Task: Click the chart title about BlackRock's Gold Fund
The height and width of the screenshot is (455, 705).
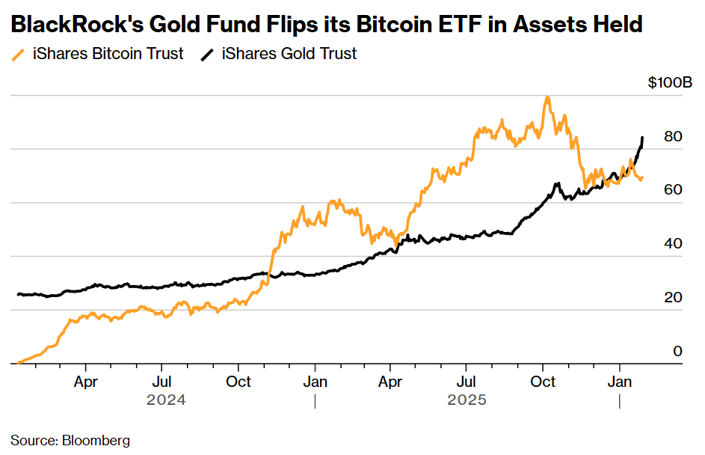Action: click(327, 25)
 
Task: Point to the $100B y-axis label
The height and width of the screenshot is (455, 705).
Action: click(670, 82)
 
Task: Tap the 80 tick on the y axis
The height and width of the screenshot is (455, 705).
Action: click(672, 136)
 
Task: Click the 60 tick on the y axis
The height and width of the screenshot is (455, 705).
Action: click(672, 190)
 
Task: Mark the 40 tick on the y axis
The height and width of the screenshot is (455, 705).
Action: click(672, 244)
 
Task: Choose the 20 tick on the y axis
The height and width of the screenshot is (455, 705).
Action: click(672, 298)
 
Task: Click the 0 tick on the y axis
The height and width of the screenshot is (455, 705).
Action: click(677, 351)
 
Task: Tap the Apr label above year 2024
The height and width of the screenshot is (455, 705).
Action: click(86, 381)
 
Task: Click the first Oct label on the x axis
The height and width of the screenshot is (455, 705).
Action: click(238, 381)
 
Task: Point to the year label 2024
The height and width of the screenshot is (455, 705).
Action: click(166, 400)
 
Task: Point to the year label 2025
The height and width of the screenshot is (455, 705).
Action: click(467, 400)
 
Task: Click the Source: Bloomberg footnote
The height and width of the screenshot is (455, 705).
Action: click(70, 439)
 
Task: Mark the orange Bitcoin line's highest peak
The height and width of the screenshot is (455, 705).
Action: click(548, 97)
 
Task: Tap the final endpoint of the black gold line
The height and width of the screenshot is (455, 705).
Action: click(642, 138)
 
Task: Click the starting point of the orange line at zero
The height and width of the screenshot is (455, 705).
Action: click(18, 363)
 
